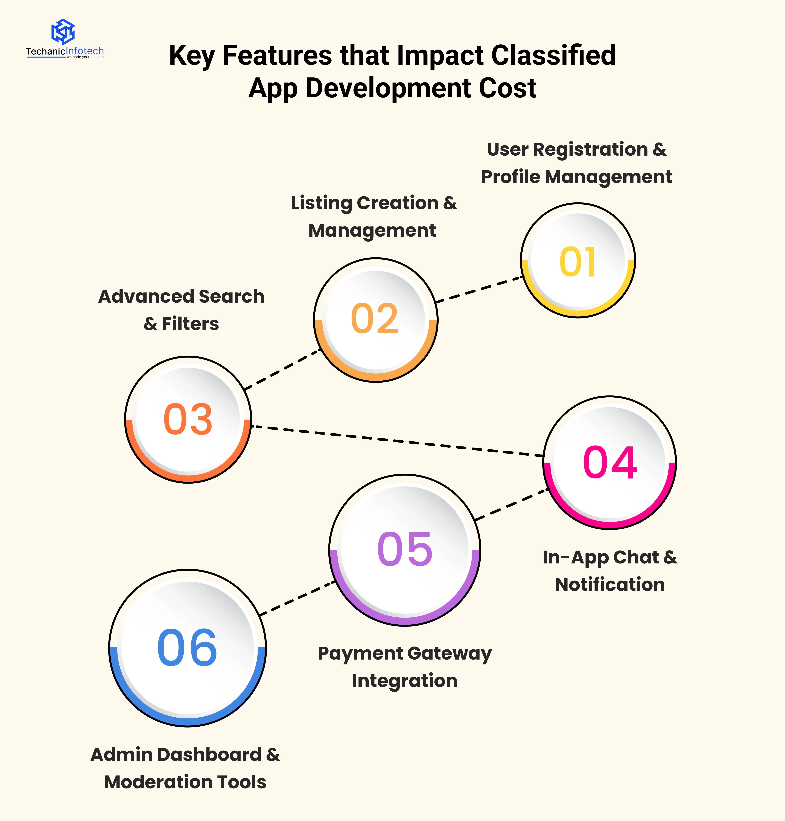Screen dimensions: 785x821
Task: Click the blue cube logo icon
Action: (x=63, y=31)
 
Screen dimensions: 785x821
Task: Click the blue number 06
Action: (x=187, y=648)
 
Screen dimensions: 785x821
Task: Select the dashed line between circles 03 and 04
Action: (x=398, y=441)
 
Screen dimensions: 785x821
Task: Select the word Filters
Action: (x=190, y=324)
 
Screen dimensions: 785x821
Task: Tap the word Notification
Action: (x=610, y=585)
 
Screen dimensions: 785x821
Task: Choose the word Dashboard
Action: (x=209, y=755)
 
